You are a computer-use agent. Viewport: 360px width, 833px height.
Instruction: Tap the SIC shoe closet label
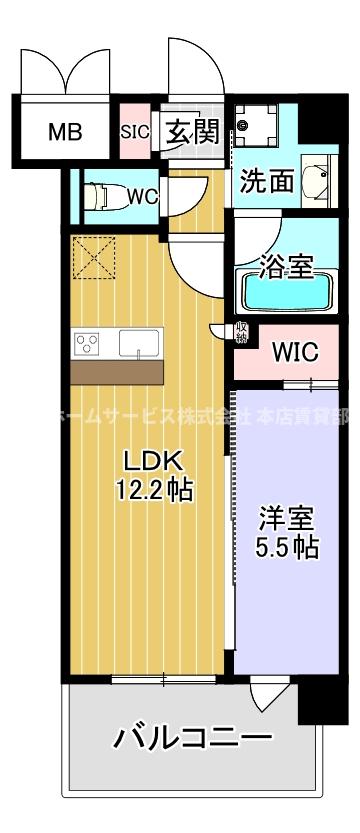click(x=134, y=131)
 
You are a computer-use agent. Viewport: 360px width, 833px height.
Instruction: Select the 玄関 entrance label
click(x=190, y=132)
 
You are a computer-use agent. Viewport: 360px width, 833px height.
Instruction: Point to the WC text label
click(x=143, y=196)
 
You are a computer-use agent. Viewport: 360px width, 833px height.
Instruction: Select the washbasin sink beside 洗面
click(x=317, y=183)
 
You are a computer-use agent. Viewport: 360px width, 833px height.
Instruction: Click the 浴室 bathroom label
click(x=287, y=267)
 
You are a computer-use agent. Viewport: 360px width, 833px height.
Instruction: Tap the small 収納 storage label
click(x=242, y=332)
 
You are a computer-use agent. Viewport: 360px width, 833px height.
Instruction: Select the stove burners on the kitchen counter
click(x=87, y=344)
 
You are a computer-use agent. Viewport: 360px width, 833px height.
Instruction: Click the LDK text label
click(x=150, y=461)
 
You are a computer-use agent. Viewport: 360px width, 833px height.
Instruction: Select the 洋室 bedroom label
click(x=287, y=520)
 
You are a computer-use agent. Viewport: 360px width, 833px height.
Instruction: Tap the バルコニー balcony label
click(x=191, y=741)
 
